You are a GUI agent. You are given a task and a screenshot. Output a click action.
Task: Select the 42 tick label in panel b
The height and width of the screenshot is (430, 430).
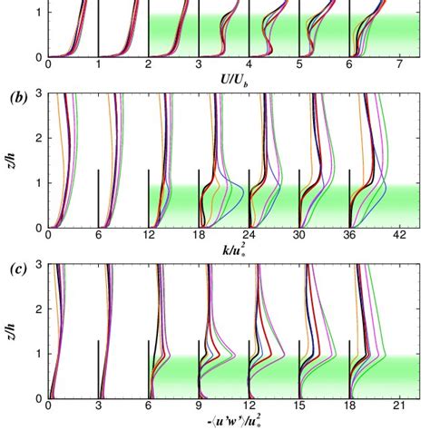click(400, 239)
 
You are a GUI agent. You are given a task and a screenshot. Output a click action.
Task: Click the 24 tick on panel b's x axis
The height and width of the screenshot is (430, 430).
click(249, 239)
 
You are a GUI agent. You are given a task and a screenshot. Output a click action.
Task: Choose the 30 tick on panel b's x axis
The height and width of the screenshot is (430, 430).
click(299, 239)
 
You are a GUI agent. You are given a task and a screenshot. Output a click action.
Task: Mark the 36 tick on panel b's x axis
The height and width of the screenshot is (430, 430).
click(350, 239)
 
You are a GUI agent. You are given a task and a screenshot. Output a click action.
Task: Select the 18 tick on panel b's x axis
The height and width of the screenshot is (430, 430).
click(199, 239)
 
